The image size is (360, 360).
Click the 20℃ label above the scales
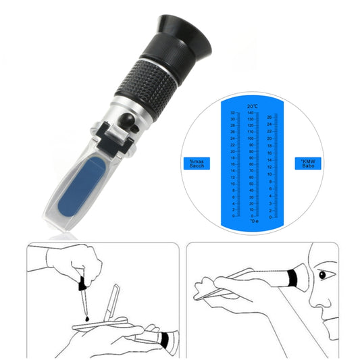click(253, 107)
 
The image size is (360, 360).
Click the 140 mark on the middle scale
click(250, 113)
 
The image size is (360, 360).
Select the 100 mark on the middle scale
click(250, 138)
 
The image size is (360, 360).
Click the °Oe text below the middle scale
click(253, 221)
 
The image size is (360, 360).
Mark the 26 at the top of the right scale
click(269, 117)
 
